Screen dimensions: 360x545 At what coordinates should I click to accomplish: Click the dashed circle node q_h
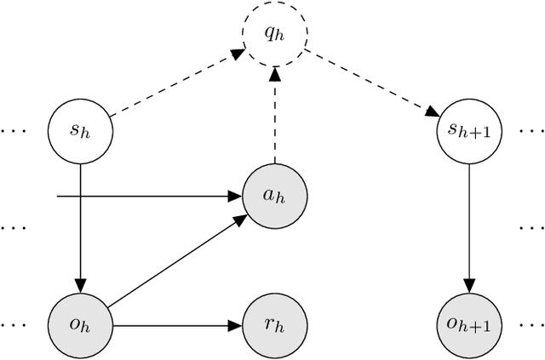point(274,32)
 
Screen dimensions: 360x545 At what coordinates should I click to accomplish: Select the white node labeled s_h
point(79,131)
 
